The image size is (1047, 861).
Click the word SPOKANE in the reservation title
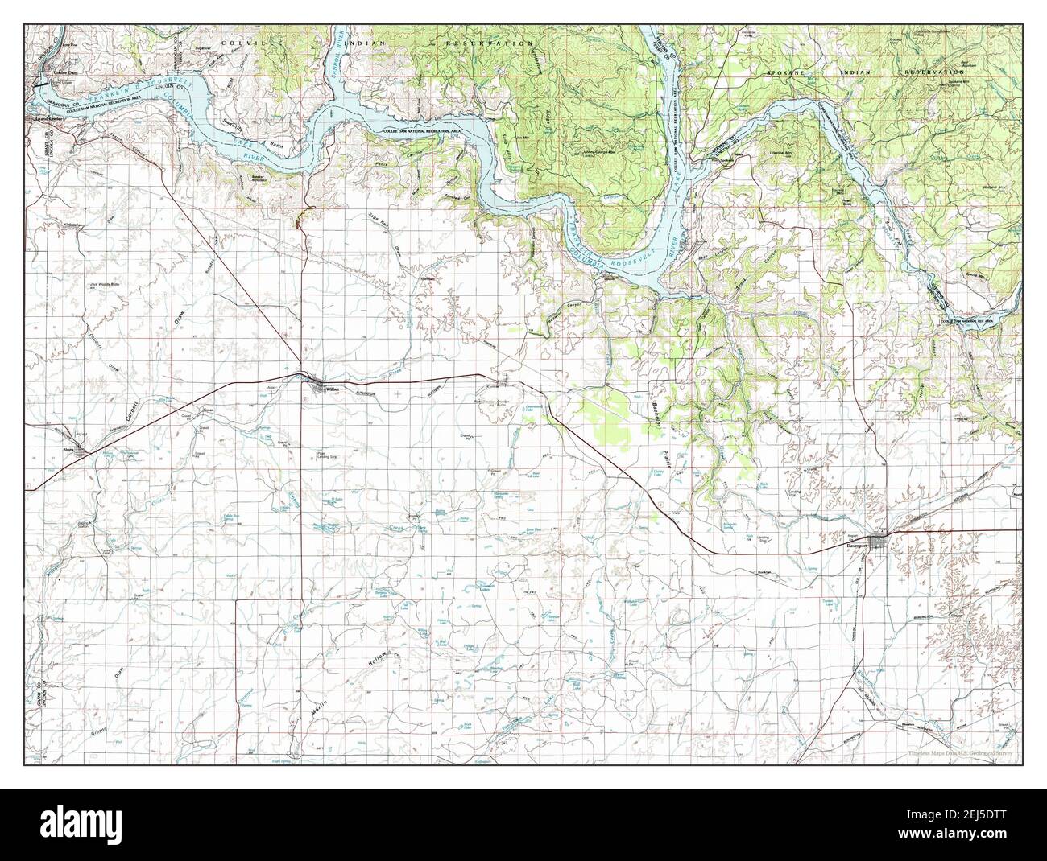point(784,72)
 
